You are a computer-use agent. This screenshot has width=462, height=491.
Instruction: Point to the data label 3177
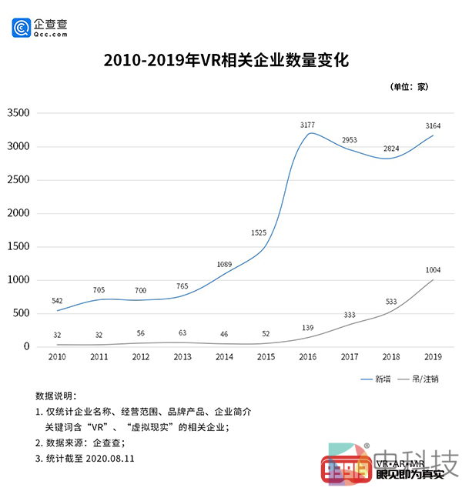[307, 124]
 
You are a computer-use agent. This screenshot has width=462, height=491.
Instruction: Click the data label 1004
[432, 269]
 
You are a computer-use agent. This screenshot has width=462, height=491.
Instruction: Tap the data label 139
[307, 328]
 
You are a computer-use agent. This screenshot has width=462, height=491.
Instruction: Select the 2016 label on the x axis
[306, 357]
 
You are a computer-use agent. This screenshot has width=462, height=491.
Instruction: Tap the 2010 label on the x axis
[57, 357]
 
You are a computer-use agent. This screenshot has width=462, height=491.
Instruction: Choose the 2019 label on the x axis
[432, 357]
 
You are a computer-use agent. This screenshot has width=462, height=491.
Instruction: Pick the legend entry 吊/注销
[424, 379]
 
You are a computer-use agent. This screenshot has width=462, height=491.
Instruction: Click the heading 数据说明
[57, 396]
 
